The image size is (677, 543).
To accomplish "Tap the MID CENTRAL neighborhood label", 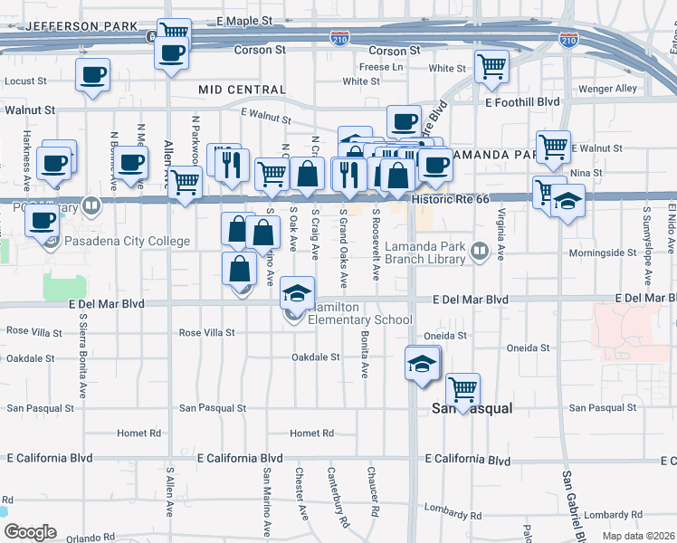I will [x=242, y=90].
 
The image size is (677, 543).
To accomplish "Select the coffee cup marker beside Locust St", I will [x=92, y=76].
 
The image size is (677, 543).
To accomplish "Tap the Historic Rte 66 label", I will [x=449, y=198].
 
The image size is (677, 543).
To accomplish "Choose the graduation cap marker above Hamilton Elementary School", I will [x=296, y=292].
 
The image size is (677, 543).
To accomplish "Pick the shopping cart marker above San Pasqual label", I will [x=462, y=390].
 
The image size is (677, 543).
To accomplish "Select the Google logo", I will [x=30, y=532].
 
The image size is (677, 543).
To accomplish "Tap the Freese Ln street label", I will [x=381, y=67].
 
